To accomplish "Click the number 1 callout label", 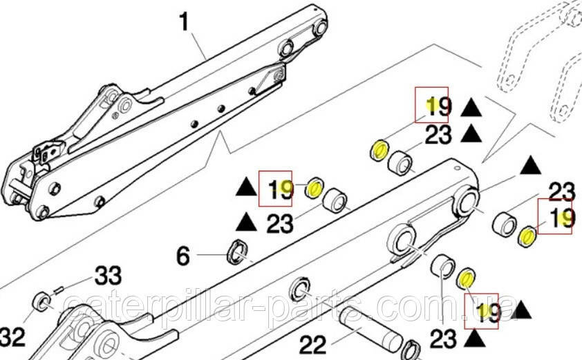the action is pyautogui.click(x=184, y=21).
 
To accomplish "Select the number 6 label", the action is pyautogui.click(x=183, y=256).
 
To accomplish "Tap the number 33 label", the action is pyautogui.click(x=108, y=275).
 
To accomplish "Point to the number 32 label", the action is pyautogui.click(x=12, y=337).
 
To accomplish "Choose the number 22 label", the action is pyautogui.click(x=312, y=345).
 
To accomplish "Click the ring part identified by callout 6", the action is pyautogui.click(x=236, y=252).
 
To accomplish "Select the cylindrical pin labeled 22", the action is pyautogui.click(x=371, y=328).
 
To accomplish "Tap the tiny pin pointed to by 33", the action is pyautogui.click(x=59, y=291).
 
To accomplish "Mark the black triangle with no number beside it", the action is pyautogui.click(x=530, y=165).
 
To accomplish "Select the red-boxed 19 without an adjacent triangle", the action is pyautogui.click(x=555, y=217).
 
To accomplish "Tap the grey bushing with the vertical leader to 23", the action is pyautogui.click(x=443, y=267).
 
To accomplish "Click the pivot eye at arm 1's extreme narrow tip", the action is pyautogui.click(x=320, y=27).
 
